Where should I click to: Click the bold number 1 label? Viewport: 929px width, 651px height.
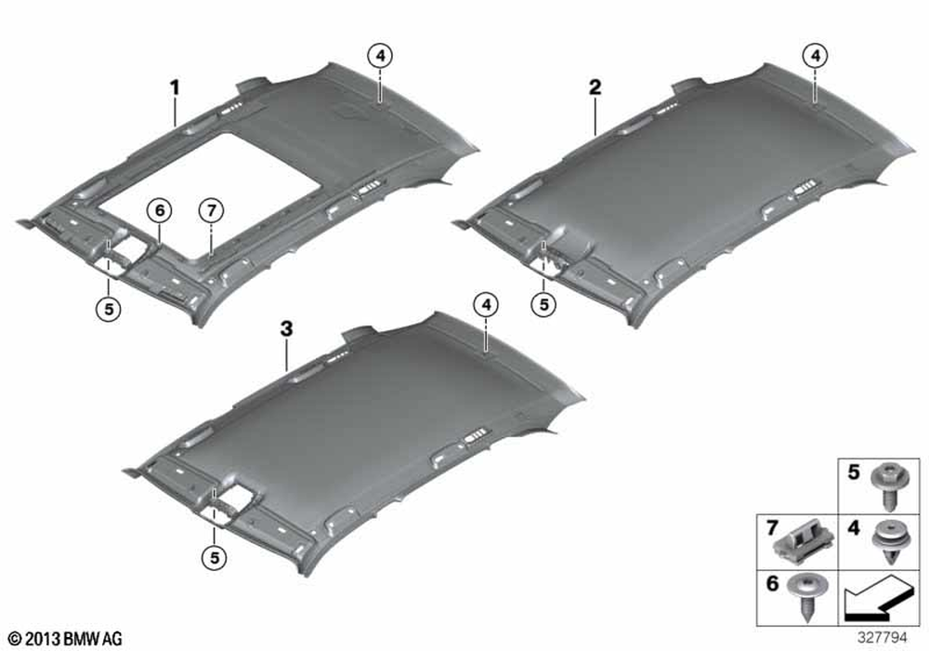175,88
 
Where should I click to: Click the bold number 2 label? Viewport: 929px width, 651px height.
595,87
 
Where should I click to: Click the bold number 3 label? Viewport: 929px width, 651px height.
287,328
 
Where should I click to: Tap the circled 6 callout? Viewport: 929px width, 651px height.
160,210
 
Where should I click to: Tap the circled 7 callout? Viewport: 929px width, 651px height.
212,210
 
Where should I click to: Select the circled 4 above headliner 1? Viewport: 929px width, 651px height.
380,56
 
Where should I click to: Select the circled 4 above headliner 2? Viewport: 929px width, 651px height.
816,56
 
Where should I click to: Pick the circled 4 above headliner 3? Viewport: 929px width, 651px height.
486,305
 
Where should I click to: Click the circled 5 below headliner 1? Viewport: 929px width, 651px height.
109,309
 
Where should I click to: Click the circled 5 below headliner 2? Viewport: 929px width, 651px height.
543,305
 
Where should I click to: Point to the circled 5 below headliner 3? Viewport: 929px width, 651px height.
214,557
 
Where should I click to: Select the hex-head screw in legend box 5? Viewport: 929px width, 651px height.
888,486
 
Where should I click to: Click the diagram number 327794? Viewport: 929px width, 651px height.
883,637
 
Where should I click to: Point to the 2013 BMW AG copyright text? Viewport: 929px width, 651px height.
66,639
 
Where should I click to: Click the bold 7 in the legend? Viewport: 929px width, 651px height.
771,527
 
